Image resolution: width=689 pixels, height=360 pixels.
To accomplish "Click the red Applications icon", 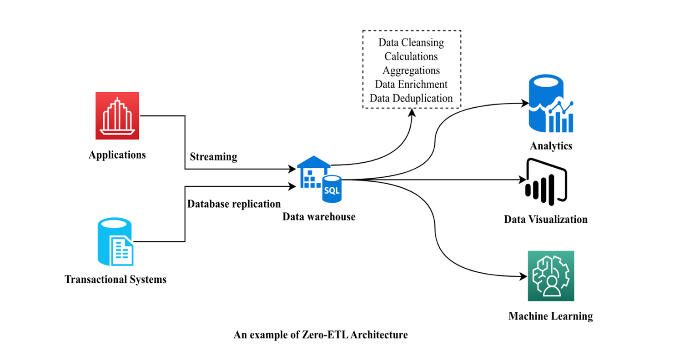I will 117,115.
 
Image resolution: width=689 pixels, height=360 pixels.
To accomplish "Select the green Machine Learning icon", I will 551,275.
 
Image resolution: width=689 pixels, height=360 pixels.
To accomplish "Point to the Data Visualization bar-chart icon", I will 546,182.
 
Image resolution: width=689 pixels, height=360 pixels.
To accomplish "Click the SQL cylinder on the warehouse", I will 332,189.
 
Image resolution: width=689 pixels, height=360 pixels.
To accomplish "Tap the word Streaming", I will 213,157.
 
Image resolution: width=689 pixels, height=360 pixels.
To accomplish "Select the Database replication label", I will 234,204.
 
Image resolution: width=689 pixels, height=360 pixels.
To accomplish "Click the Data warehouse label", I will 319,216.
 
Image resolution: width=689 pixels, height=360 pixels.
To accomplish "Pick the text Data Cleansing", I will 411,43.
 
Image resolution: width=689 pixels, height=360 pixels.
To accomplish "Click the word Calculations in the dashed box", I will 411,56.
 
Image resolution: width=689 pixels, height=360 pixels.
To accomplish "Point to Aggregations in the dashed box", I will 411,70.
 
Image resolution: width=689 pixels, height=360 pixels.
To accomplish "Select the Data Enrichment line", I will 411,84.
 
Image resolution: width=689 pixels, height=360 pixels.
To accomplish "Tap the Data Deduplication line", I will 411,98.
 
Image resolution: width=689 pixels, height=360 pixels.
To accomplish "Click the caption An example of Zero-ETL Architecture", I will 321,335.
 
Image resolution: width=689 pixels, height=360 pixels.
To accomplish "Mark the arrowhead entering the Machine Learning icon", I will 523,276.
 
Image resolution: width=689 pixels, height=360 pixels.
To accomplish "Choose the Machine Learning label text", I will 550,316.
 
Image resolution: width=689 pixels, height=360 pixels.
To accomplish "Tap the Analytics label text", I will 551,146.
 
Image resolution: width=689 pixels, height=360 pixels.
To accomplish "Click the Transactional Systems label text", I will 116,279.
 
